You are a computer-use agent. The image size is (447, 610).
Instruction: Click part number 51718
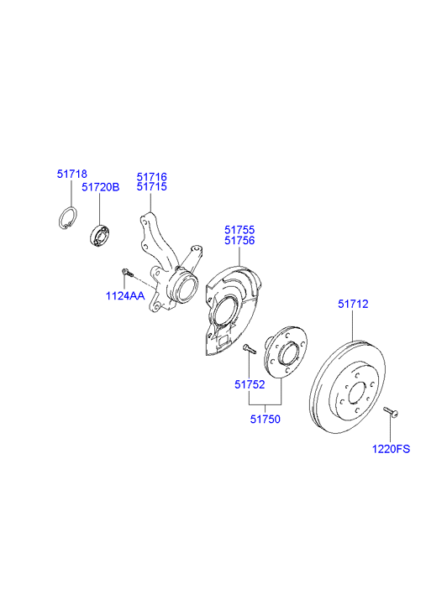click(71, 173)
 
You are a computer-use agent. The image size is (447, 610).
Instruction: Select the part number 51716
click(152, 177)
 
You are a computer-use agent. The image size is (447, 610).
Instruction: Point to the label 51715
click(152, 188)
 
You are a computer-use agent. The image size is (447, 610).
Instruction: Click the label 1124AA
click(124, 296)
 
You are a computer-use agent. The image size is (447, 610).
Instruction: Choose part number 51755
click(239, 229)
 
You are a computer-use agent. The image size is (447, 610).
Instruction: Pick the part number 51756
click(239, 241)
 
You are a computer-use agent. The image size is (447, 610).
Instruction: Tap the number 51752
click(250, 385)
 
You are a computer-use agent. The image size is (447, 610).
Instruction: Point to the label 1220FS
click(391, 449)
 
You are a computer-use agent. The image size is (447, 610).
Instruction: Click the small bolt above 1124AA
click(127, 272)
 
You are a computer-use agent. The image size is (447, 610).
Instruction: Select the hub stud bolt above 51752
click(248, 348)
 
